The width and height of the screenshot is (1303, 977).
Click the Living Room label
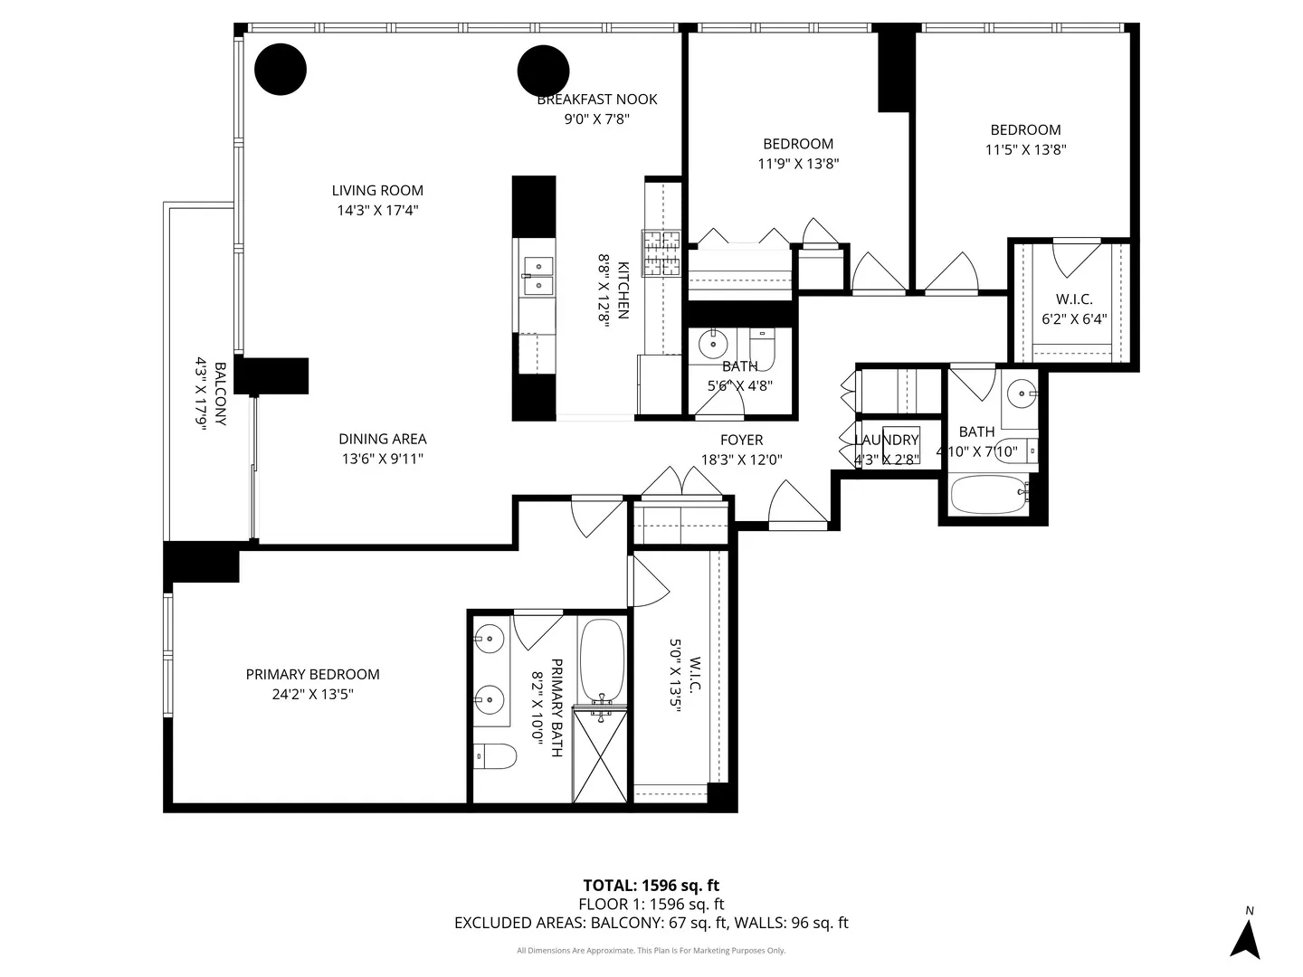(377, 190)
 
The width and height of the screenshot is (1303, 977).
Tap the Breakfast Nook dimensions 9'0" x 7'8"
(596, 119)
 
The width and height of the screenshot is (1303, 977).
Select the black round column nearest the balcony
(281, 69)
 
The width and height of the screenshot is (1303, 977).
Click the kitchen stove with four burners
(661, 253)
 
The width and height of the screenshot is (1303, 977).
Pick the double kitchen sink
(538, 275)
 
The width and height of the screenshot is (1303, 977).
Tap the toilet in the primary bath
(495, 755)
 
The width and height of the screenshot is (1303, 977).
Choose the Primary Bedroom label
(313, 674)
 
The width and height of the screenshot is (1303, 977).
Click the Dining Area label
(383, 439)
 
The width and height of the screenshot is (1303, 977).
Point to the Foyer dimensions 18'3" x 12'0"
(741, 460)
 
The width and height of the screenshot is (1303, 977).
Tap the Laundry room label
(887, 440)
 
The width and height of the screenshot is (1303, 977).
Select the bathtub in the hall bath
(988, 493)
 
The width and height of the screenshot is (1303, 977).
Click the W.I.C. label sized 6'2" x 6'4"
(1074, 299)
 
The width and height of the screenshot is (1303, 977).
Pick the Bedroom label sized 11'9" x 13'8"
(798, 143)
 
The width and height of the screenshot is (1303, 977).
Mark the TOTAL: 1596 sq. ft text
(651, 886)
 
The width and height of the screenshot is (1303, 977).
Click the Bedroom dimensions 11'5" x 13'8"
(1025, 150)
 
